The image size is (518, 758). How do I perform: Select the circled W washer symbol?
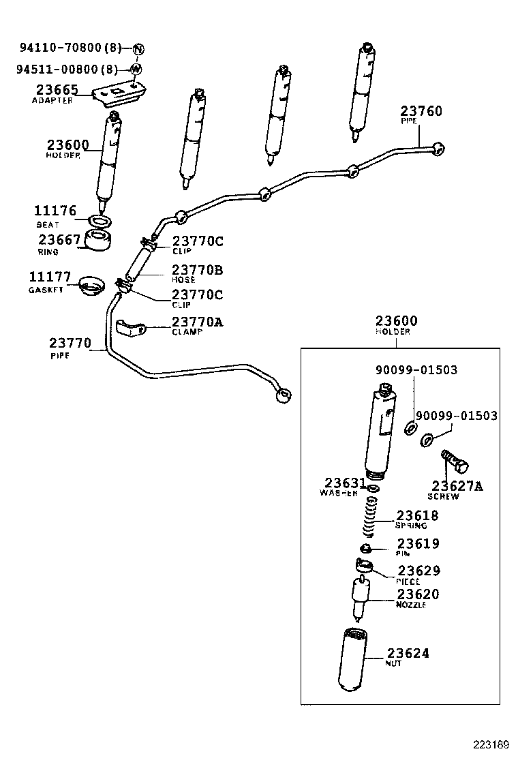pos(136,69)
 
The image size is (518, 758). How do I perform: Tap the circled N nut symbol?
pos(138,48)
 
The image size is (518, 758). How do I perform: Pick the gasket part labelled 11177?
pos(90,284)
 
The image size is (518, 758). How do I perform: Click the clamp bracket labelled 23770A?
pos(132,328)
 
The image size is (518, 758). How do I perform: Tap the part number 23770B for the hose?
pos(197,269)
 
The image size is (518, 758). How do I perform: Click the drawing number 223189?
pos(492,742)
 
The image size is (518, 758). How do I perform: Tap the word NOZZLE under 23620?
pos(411,605)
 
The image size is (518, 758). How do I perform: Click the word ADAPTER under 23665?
pos(52,100)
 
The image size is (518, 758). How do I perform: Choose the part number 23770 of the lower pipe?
pos(70,343)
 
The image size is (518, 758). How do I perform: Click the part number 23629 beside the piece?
pos(418,571)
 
